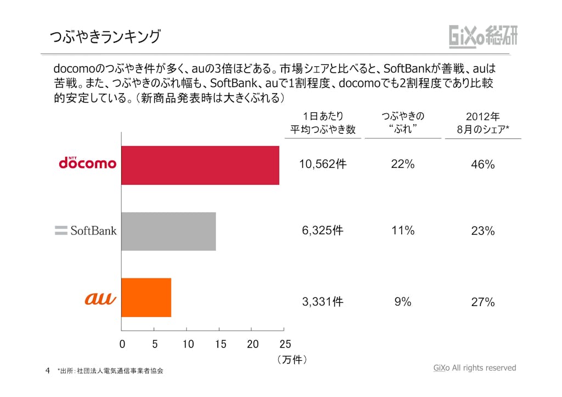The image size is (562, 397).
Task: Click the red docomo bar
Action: (x=200, y=165)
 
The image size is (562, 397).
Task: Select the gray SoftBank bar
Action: (x=168, y=231)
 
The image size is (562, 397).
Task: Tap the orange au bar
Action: (x=146, y=297)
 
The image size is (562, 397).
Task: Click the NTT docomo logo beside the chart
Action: (x=87, y=163)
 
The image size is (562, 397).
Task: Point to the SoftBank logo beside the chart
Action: (x=86, y=230)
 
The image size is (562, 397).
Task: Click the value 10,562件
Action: (x=323, y=164)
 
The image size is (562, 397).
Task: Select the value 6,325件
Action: (x=323, y=230)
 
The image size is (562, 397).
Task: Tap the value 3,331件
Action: (x=323, y=301)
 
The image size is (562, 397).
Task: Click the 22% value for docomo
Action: (x=402, y=164)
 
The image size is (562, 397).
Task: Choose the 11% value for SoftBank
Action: (x=402, y=230)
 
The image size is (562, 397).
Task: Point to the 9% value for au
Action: (x=402, y=301)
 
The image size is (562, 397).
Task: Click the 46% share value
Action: (x=483, y=165)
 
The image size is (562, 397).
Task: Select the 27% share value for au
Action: (x=483, y=302)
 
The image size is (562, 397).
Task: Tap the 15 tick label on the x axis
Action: (x=220, y=344)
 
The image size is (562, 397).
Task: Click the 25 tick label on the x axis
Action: (x=285, y=344)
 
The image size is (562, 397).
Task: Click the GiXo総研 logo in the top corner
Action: (x=483, y=36)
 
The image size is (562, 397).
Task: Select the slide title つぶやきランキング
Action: (x=105, y=37)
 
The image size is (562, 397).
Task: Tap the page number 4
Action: (x=48, y=370)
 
